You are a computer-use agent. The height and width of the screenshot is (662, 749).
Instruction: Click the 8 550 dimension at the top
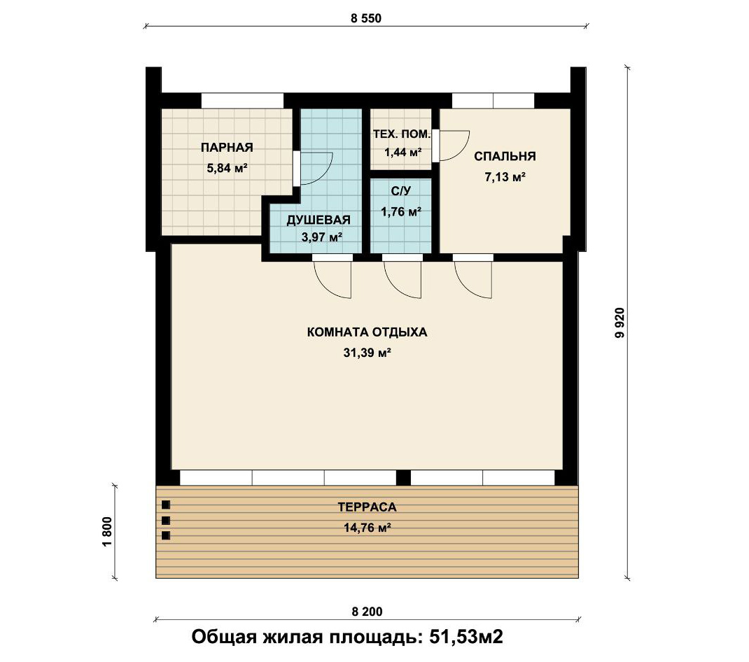(x=366, y=19)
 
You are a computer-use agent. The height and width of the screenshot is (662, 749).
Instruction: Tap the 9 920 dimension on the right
(x=620, y=323)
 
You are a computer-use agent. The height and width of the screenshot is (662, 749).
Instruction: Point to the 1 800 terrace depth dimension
(x=108, y=532)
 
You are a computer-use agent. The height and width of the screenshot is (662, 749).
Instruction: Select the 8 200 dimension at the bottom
(x=367, y=612)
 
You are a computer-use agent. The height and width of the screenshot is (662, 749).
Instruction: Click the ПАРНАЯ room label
(x=227, y=148)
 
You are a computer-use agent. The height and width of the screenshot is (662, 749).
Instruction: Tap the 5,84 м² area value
(x=227, y=168)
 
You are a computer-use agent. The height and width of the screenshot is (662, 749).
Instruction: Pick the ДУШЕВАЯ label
(x=318, y=220)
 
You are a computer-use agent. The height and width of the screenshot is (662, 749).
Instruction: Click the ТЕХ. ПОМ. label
(x=402, y=134)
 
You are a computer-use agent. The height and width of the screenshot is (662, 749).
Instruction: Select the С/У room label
(x=401, y=192)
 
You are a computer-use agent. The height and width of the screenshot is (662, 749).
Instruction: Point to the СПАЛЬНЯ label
(x=505, y=156)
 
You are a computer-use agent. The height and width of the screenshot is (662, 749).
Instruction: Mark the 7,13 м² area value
(x=505, y=177)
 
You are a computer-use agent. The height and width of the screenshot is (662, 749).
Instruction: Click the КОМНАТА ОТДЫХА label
(x=367, y=332)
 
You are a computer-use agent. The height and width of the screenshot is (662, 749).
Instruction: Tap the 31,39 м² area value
(x=367, y=353)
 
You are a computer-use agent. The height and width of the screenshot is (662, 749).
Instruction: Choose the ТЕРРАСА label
(x=367, y=507)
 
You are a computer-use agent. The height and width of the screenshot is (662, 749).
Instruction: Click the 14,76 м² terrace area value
(x=367, y=528)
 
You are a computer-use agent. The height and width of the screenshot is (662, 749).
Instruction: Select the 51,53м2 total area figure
(x=466, y=637)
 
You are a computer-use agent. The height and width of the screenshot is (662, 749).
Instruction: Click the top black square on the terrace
(x=166, y=505)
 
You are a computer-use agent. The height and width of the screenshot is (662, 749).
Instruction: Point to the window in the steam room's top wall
(x=242, y=101)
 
